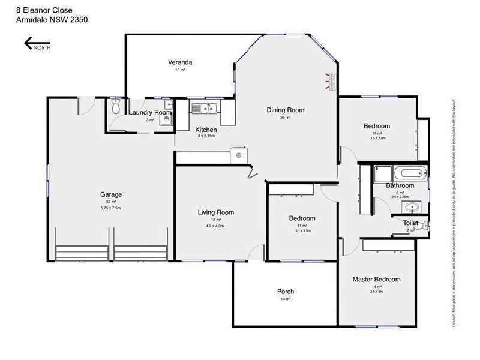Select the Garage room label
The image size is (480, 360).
pyautogui.click(x=111, y=194)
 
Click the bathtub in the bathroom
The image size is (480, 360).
pyautogui.click(x=410, y=174)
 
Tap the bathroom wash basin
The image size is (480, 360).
pyautogui.click(x=410, y=208)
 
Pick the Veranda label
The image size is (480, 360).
pyautogui.click(x=180, y=62)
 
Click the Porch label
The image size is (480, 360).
pyautogui.click(x=286, y=292)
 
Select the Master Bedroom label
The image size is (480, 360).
pyautogui.click(x=376, y=280)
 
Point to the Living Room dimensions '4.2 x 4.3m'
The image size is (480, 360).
pyautogui.click(x=215, y=226)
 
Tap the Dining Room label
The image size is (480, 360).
pyautogui.click(x=286, y=110)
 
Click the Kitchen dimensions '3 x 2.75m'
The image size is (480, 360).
pyautogui.click(x=206, y=137)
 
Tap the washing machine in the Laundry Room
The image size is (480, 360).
pyautogui.click(x=166, y=119)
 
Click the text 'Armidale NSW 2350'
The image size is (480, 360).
pyautogui.click(x=52, y=19)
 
